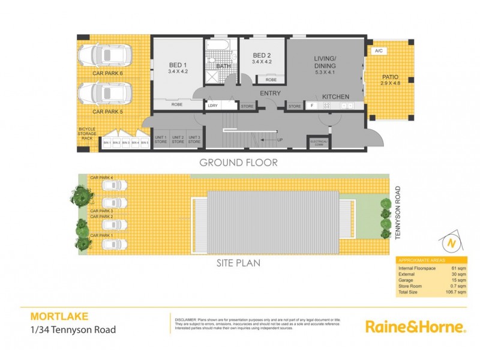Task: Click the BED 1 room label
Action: click(x=176, y=65)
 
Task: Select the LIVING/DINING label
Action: click(x=325, y=62)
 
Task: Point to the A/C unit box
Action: click(x=379, y=52)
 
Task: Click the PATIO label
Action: click(x=391, y=77)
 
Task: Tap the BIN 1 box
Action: click(x=107, y=143)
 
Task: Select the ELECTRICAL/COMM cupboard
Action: click(x=318, y=143)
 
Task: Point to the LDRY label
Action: click(x=212, y=106)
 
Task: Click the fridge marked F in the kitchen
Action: click(x=311, y=106)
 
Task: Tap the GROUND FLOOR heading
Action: click(x=238, y=162)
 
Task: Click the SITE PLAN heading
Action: click(x=238, y=262)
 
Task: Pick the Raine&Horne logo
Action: click(x=415, y=326)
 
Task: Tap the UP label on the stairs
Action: click(x=280, y=140)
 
